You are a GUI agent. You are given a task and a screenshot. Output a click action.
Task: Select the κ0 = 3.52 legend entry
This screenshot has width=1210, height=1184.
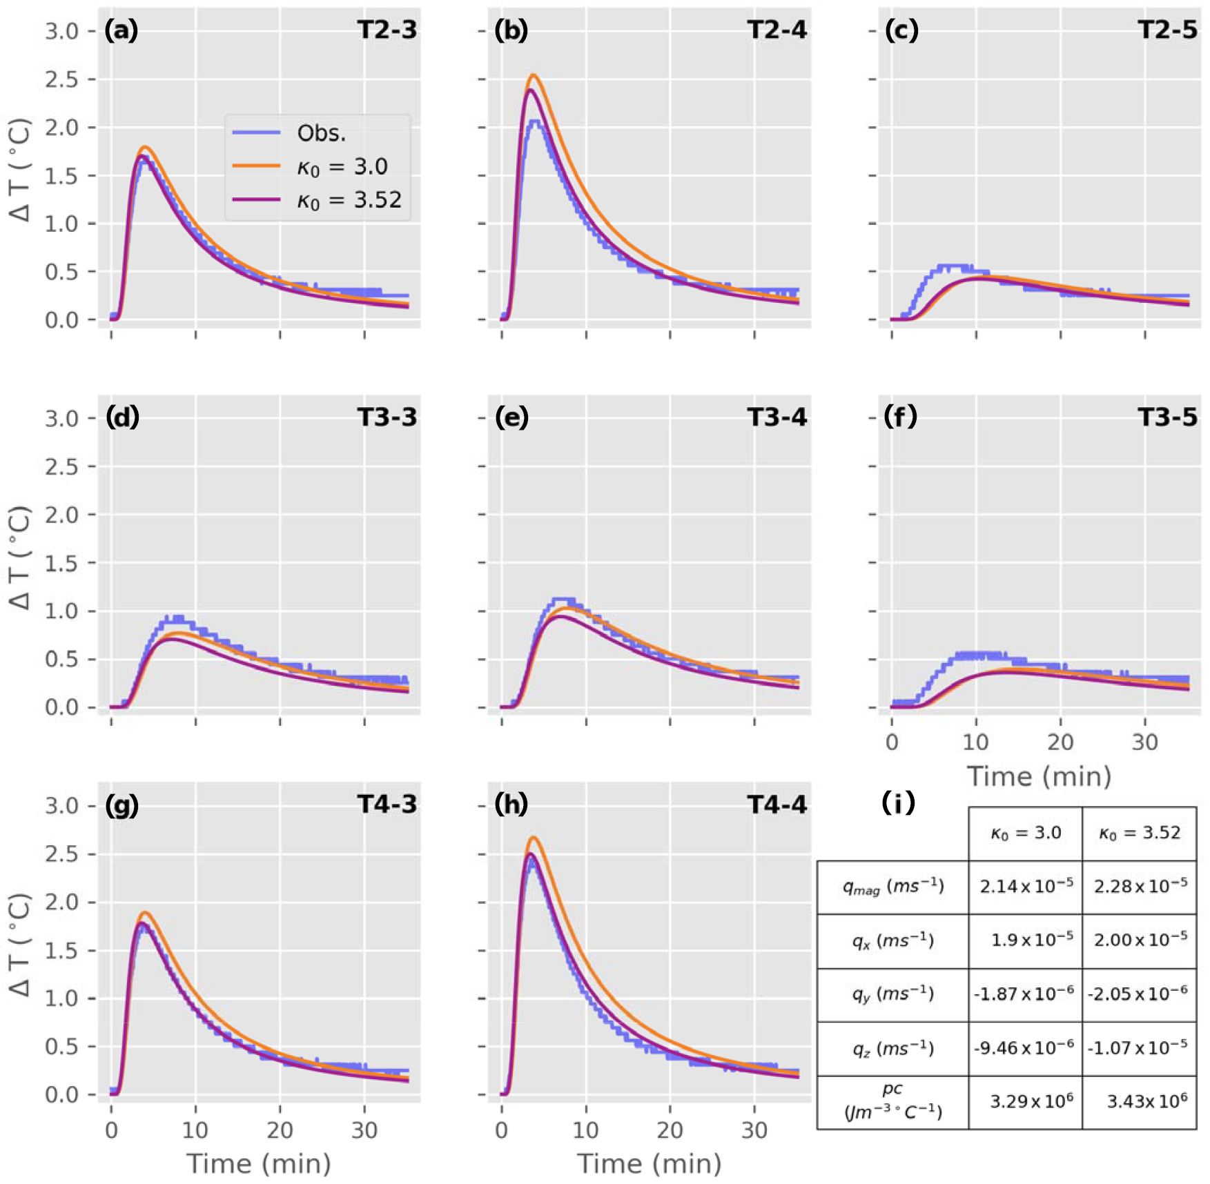pos(349,200)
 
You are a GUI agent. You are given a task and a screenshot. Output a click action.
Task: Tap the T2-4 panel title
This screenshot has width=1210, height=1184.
pos(777,30)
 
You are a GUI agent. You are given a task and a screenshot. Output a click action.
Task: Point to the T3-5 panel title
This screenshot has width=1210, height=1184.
pos(1167,417)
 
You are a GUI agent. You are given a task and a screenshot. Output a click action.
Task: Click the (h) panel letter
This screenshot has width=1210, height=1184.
pos(511,804)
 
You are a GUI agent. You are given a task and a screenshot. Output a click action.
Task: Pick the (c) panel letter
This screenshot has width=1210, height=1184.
pos(901,30)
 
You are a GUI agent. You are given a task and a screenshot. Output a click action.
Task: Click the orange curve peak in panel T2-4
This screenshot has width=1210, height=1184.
pos(533,75)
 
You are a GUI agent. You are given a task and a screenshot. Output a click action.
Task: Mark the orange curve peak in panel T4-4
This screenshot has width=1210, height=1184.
pos(533,838)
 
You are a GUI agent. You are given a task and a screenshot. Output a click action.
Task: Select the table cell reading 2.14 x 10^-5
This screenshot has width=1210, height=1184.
pos(1026,886)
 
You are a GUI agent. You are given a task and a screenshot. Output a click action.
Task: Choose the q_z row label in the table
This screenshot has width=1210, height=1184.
pos(892,1048)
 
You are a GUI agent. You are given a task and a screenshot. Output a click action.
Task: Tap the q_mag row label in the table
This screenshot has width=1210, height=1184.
pos(892,886)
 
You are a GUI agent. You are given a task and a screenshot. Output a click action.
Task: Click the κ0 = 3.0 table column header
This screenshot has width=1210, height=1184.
pos(1026,833)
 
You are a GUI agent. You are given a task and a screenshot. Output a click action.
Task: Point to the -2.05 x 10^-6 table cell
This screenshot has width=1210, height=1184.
pos(1140,994)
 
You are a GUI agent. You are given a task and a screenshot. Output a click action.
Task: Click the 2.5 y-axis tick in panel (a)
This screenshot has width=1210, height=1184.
pos(61,79)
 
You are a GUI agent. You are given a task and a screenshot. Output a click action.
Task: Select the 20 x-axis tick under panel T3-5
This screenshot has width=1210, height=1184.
pos(1060,742)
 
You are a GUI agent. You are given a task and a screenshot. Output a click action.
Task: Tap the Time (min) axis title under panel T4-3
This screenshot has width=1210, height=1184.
pos(259,1164)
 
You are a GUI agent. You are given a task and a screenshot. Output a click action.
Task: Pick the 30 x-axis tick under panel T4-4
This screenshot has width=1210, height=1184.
pos(754,1130)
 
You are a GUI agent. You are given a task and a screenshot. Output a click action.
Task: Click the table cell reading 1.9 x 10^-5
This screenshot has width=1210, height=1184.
pos(1026,940)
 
